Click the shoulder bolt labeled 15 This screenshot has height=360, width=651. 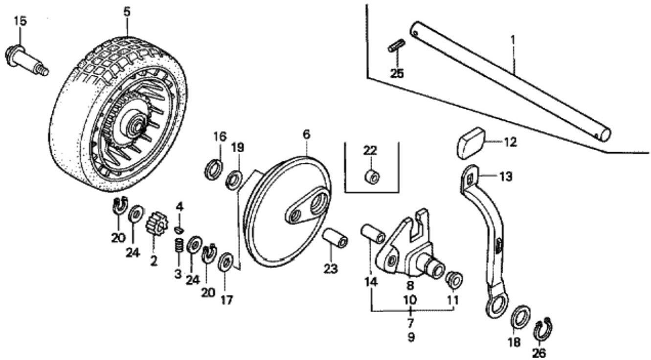click(x=25, y=62)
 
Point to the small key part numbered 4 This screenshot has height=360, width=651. click(x=180, y=229)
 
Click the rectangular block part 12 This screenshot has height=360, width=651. click(x=471, y=143)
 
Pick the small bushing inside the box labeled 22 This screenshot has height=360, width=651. click(x=373, y=176)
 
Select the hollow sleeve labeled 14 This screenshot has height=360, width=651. click(x=373, y=234)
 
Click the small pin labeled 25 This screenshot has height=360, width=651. click(x=396, y=45)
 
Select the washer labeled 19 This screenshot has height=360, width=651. click(x=234, y=180)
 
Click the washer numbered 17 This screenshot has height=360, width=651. click(x=225, y=262)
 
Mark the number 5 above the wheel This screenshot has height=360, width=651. click(x=127, y=12)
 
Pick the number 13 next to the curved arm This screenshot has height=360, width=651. click(x=506, y=177)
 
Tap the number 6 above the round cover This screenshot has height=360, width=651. click(x=306, y=135)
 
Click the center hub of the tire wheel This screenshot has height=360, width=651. click(x=136, y=124)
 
